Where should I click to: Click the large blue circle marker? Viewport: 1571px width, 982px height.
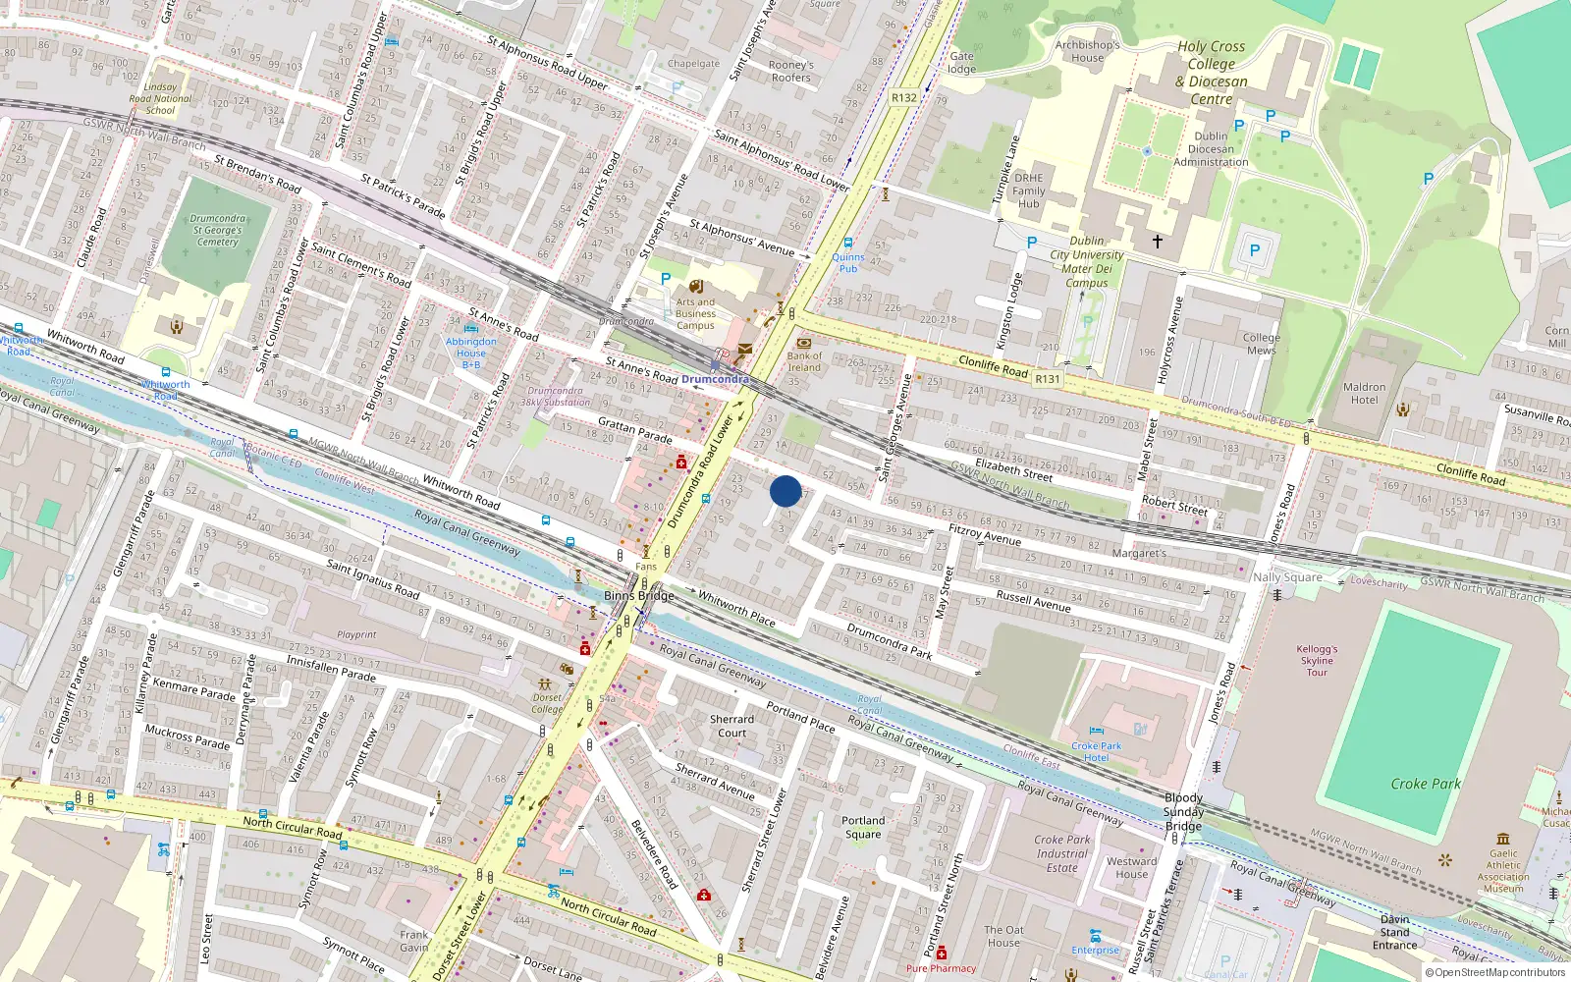click(785, 490)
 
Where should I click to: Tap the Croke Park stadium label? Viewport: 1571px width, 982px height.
click(1426, 784)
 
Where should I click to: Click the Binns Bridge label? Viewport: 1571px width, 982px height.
click(639, 596)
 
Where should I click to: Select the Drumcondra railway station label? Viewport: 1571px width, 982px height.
click(715, 379)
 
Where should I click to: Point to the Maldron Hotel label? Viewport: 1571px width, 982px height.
click(1364, 394)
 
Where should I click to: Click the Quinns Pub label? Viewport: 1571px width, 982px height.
click(848, 263)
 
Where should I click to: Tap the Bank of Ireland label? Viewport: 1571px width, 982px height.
click(804, 362)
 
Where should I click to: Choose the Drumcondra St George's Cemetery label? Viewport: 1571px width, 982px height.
click(217, 231)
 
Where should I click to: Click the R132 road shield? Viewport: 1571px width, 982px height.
click(904, 97)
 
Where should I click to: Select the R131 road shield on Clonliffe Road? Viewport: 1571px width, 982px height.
click(1048, 379)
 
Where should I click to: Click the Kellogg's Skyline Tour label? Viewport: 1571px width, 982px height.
click(1317, 661)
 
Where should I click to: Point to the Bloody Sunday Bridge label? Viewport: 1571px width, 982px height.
click(1183, 812)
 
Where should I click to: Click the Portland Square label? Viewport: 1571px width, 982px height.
click(863, 828)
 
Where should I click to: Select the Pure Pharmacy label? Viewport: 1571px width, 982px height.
click(941, 968)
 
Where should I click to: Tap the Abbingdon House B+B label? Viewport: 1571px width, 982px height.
click(471, 353)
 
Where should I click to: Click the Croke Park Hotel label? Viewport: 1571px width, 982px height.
click(1097, 752)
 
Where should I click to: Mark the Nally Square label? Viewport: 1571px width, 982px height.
click(1287, 577)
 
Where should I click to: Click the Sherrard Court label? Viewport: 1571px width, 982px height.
click(732, 726)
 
